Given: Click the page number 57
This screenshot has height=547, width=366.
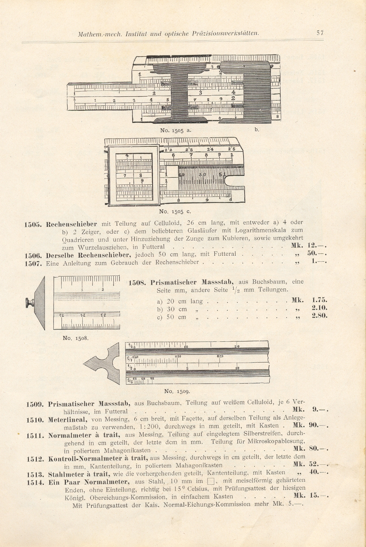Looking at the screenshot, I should point(320,33).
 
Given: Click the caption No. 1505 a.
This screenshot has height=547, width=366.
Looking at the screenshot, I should point(176,130).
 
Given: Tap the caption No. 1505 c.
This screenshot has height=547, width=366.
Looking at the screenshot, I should point(175,211).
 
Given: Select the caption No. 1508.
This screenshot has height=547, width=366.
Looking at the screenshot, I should point(76,338).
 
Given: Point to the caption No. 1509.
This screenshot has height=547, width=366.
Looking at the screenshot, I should point(177,391).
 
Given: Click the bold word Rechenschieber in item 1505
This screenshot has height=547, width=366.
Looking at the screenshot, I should point(72,224).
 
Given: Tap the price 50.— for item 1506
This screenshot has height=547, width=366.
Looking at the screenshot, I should point(317,254).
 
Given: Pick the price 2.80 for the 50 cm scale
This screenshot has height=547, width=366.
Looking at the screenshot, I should point(319,316).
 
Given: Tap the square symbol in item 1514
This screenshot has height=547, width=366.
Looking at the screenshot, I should point(211,482).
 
